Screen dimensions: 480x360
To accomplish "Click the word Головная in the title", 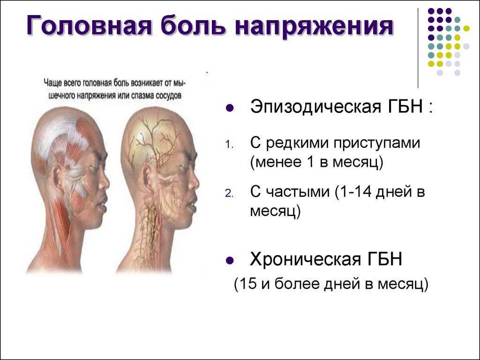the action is click(x=89, y=26).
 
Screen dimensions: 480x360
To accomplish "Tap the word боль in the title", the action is click(x=193, y=26).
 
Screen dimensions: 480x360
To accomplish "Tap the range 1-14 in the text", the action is click(x=355, y=192).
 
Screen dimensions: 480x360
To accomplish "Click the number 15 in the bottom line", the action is click(x=249, y=284).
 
